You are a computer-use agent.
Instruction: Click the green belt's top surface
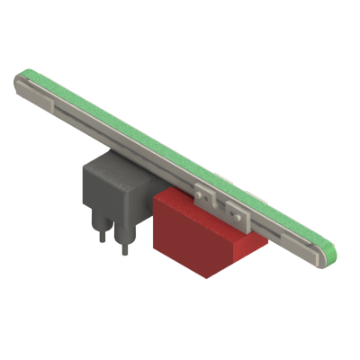[171, 144]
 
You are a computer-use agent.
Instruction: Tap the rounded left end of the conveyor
[20, 83]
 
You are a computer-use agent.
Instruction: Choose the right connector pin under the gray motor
[125, 239]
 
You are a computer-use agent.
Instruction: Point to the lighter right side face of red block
[243, 247]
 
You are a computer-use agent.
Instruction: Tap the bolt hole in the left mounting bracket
[202, 192]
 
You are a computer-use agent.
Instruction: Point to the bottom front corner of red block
[206, 275]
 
